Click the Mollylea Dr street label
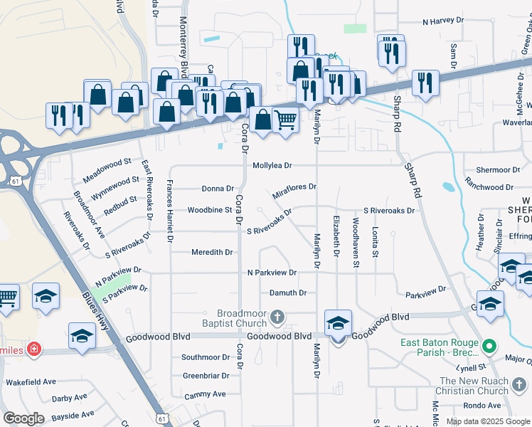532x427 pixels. [272, 165]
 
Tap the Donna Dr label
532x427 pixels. [218, 189]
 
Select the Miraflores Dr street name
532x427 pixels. [294, 191]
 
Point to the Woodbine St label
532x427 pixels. [210, 210]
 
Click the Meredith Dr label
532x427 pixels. [212, 252]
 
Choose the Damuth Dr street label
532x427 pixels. [287, 292]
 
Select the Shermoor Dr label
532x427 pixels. [498, 170]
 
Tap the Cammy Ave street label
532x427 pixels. [204, 394]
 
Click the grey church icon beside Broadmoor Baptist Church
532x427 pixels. [277, 316]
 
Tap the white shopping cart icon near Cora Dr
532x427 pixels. [285, 121]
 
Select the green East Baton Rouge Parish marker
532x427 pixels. [489, 347]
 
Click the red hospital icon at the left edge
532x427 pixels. [35, 350]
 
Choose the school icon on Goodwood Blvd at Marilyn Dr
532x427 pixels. [338, 323]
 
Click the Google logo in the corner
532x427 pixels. [24, 418]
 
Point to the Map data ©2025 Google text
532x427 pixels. [487, 421]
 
